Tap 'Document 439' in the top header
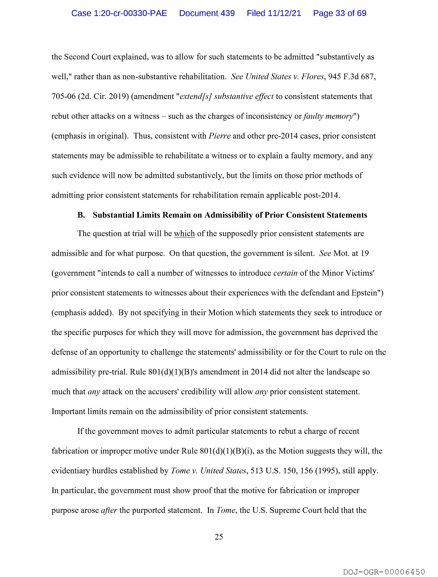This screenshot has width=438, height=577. [207, 13]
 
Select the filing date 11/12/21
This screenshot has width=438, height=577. [274, 13]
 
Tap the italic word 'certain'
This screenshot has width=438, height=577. [285, 273]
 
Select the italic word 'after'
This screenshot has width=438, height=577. [109, 510]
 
